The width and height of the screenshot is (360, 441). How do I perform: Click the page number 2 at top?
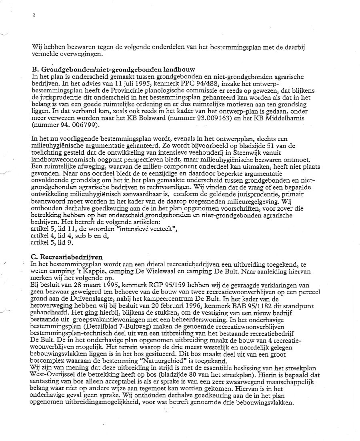(x=34, y=15)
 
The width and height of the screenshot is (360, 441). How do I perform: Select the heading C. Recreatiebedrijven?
(x=67, y=257)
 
